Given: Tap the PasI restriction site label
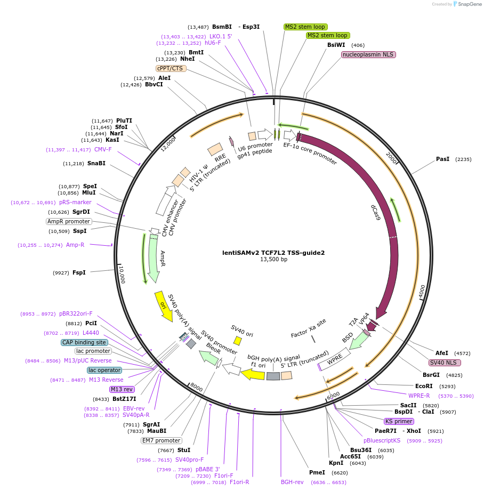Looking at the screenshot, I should tap(442, 159).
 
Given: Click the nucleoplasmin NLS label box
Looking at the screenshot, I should tap(368, 54).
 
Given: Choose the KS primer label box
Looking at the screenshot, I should tap(399, 421).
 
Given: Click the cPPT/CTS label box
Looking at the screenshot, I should tap(170, 68).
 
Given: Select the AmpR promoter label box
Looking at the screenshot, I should tap(69, 221).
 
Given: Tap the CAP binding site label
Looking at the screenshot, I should tap(84, 342).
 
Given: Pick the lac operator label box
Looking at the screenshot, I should tap(104, 370).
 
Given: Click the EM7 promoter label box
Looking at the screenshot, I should tap(161, 440).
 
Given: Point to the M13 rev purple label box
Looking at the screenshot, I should tap(122, 389).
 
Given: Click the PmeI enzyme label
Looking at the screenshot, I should tap(317, 472).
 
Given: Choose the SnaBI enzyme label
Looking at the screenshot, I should tap(96, 163).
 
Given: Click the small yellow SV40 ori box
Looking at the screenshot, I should tap(238, 340).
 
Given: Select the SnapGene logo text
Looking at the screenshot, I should tap(470, 4).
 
